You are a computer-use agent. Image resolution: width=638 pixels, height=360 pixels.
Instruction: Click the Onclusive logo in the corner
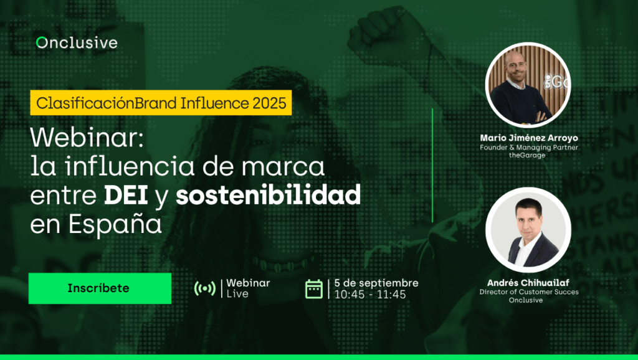[x=77, y=43]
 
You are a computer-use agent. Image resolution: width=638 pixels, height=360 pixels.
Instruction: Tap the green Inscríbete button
[x=100, y=288]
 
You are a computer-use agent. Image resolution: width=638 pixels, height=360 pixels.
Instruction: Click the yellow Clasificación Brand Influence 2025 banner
[x=161, y=103]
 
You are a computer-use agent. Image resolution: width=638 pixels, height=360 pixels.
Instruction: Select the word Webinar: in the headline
[x=87, y=138]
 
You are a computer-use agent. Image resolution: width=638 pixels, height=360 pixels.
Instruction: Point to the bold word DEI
[x=126, y=195]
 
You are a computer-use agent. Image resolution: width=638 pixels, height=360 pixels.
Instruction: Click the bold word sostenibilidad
[x=268, y=195]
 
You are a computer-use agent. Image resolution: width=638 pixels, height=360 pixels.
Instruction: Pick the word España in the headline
[x=115, y=225]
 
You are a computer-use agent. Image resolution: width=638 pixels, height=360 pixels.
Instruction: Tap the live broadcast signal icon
[x=204, y=288]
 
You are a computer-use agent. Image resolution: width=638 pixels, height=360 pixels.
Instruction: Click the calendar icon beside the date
[x=314, y=289]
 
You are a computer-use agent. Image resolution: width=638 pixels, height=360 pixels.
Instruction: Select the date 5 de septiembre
[x=376, y=283]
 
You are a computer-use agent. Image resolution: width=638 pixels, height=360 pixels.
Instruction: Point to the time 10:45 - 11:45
[x=370, y=295]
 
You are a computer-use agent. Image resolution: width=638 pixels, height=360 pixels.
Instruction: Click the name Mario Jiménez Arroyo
[x=529, y=138]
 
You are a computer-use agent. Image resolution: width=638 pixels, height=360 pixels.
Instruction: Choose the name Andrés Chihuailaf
[x=528, y=282]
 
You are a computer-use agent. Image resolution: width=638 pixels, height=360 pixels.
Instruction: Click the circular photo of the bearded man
[x=528, y=85]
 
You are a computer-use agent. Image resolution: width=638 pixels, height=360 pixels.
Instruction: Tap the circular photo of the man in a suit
[x=528, y=230]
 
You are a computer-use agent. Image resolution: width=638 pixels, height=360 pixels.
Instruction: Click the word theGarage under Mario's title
[x=527, y=155]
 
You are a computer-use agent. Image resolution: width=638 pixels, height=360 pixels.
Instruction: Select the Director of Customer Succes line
[x=529, y=291]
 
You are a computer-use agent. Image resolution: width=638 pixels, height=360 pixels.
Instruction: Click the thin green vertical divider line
[x=432, y=165]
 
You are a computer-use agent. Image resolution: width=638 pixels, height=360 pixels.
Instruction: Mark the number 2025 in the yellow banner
[x=269, y=103]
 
